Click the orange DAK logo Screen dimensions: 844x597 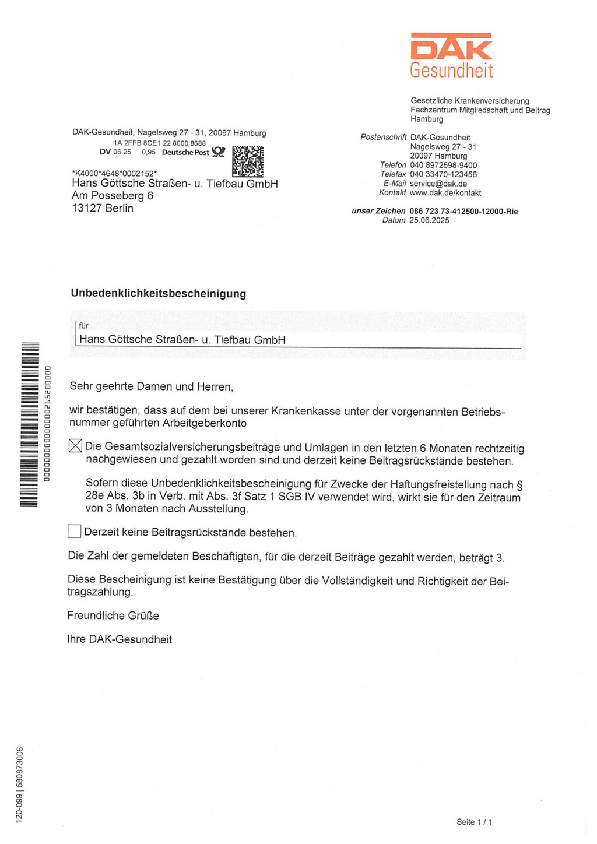(x=451, y=47)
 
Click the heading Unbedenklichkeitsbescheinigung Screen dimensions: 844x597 (x=159, y=293)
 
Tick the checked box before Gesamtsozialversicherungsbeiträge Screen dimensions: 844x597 (x=75, y=446)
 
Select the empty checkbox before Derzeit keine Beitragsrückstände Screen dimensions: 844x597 (x=74, y=531)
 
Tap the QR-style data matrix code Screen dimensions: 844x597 (x=248, y=161)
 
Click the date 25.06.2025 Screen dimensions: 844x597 (x=429, y=220)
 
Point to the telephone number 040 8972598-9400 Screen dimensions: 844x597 (x=443, y=165)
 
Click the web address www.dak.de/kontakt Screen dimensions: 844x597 (x=445, y=193)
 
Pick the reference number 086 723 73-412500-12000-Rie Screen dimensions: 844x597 (x=463, y=211)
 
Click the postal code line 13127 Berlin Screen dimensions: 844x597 (x=103, y=208)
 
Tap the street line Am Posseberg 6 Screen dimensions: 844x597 (x=113, y=196)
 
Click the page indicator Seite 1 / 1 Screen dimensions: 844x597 (x=474, y=822)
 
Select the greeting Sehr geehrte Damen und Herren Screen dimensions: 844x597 (x=152, y=386)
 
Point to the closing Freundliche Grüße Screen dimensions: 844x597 (x=113, y=616)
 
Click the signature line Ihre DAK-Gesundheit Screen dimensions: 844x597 (x=120, y=639)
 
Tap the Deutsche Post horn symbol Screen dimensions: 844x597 (x=218, y=152)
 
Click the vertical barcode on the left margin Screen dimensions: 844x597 (x=29, y=424)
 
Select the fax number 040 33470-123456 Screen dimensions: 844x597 (x=443, y=174)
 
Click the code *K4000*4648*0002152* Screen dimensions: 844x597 (x=114, y=173)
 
